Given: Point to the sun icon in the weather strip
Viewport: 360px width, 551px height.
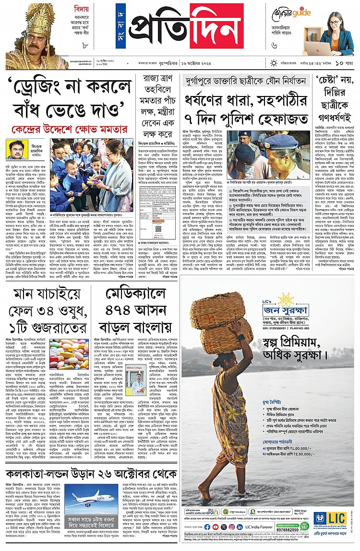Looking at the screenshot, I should [274, 63].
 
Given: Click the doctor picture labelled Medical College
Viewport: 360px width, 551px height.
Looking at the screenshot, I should [137, 380].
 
